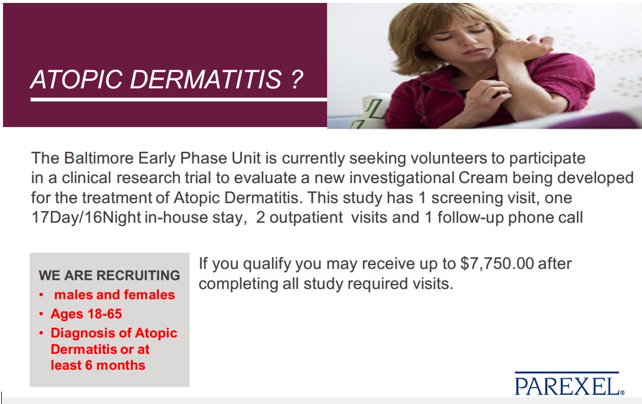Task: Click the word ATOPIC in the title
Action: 76,79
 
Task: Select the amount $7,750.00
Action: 497,263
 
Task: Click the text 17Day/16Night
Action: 86,217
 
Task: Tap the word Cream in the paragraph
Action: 483,178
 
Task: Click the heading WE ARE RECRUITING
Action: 109,275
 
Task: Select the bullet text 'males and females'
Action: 114,295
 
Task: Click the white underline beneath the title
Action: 179,100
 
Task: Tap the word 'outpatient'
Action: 306,217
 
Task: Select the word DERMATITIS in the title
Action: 206,79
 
